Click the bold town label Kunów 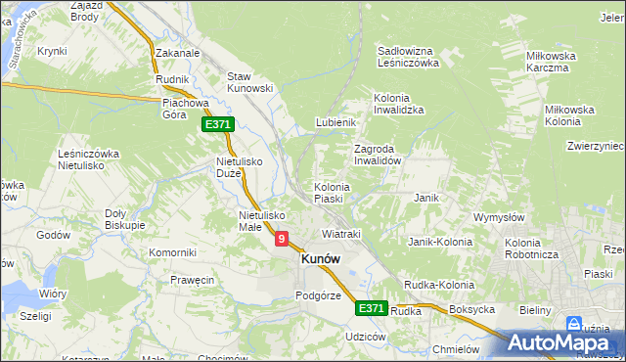point(321,259)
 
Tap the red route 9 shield point(282,238)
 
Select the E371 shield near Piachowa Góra point(218,125)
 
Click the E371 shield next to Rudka point(371,308)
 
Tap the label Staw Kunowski point(249,82)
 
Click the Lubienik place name point(334,122)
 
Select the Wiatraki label point(341,235)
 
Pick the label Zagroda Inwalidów point(379,155)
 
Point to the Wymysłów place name point(500,216)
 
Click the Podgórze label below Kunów point(318,295)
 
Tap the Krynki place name point(52,51)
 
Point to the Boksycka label point(472,310)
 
